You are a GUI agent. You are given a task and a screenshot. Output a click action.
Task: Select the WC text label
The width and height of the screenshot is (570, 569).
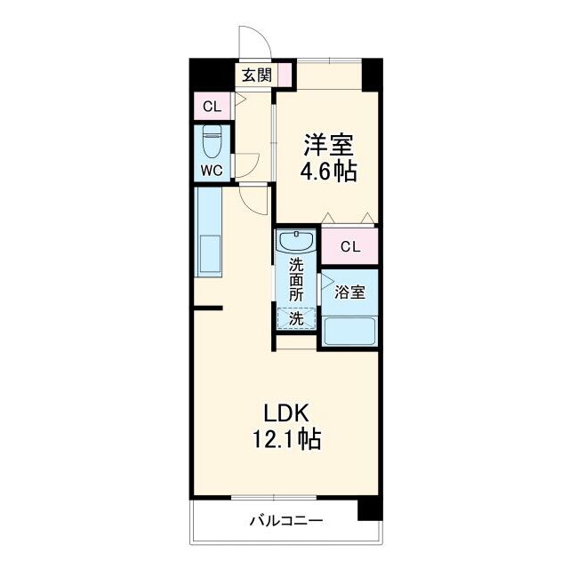click(212, 171)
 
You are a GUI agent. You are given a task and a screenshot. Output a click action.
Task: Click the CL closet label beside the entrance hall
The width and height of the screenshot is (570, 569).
click(212, 108)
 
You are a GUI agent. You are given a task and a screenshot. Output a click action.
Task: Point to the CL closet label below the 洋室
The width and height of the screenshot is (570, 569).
click(349, 246)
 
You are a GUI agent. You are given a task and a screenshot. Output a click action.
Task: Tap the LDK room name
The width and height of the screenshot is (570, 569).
click(285, 413)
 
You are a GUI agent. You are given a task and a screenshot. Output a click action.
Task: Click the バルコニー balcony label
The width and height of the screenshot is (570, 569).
click(285, 521)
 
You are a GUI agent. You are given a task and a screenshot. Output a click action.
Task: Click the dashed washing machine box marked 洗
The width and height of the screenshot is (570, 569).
click(295, 318)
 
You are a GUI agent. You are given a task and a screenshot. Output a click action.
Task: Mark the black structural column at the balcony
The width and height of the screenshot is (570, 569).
click(368, 508)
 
